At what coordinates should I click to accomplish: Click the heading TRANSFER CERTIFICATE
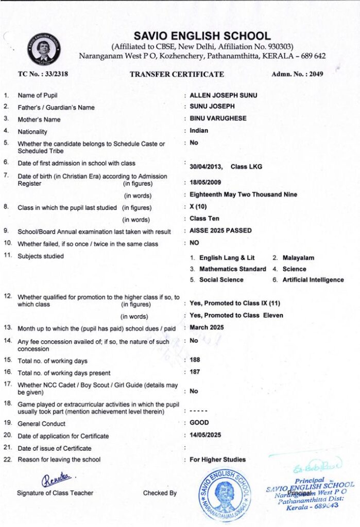[177, 74]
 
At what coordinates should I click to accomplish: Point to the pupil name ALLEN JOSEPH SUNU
[224, 95]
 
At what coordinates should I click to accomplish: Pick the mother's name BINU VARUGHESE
[218, 118]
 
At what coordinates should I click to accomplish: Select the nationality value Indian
[199, 131]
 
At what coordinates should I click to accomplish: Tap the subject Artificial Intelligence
[312, 280]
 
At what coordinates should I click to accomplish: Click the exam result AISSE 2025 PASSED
[220, 231]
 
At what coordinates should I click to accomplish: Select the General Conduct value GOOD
[199, 423]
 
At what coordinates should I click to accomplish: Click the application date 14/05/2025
[205, 435]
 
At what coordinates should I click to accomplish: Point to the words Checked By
[160, 493]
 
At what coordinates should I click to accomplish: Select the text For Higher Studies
[217, 460]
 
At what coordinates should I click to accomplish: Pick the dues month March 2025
[207, 327]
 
